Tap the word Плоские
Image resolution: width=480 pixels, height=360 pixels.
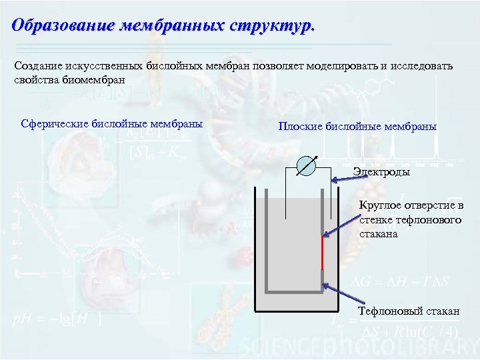[301, 126]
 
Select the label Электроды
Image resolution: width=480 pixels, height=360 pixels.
[381, 172]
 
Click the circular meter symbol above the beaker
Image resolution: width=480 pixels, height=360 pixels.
[309, 165]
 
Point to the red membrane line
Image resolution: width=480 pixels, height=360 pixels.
[323, 251]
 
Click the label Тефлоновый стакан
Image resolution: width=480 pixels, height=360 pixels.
[409, 312]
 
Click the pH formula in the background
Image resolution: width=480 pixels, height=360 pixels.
[57, 319]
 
